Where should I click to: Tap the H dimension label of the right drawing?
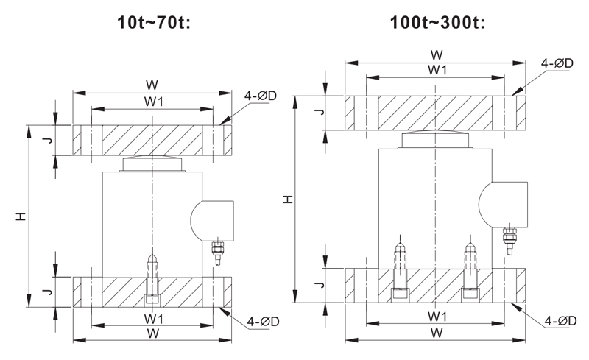[x=288, y=198]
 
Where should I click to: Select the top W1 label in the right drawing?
[x=437, y=69]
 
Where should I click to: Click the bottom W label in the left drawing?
[x=152, y=333]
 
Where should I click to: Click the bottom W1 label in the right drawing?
[x=437, y=317]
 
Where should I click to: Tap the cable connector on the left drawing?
[x=218, y=252]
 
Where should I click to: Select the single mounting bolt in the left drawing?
[x=152, y=277]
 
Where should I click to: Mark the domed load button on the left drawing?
[x=152, y=163]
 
